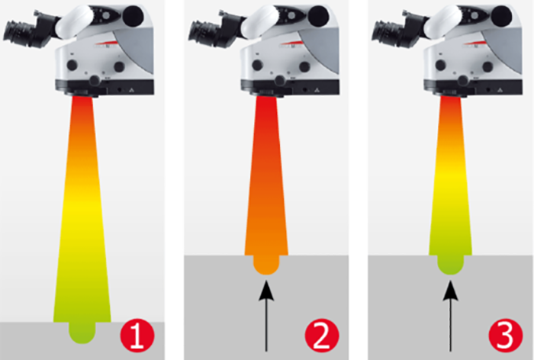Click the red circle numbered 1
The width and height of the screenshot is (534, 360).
point(137,335)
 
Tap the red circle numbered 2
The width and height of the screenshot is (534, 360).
point(322,335)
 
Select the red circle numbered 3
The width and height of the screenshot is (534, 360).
point(505,335)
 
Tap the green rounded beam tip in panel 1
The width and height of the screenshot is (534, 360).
point(82,333)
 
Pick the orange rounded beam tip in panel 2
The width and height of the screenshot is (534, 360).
point(266,265)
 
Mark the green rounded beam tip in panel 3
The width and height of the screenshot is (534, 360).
point(450,265)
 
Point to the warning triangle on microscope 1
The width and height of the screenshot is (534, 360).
point(131,91)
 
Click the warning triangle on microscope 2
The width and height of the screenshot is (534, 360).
point(317,91)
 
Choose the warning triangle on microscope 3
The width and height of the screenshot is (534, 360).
point(500,91)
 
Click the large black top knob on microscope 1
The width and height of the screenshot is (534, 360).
point(133,16)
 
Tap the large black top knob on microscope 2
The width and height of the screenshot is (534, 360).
point(318,16)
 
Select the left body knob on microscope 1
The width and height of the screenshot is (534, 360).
point(72,65)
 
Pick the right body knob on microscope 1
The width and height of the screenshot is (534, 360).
point(119,66)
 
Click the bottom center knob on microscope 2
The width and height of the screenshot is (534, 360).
point(280,81)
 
